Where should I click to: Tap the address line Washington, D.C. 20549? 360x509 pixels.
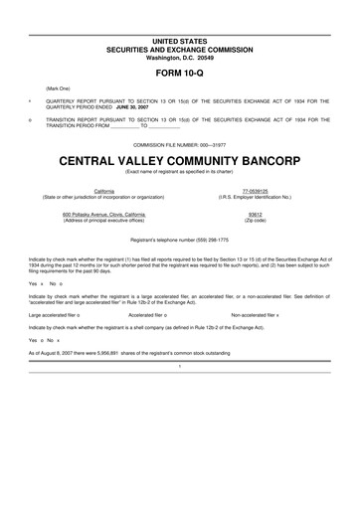[x=179, y=57]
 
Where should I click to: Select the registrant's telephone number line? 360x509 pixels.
[x=179, y=242]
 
